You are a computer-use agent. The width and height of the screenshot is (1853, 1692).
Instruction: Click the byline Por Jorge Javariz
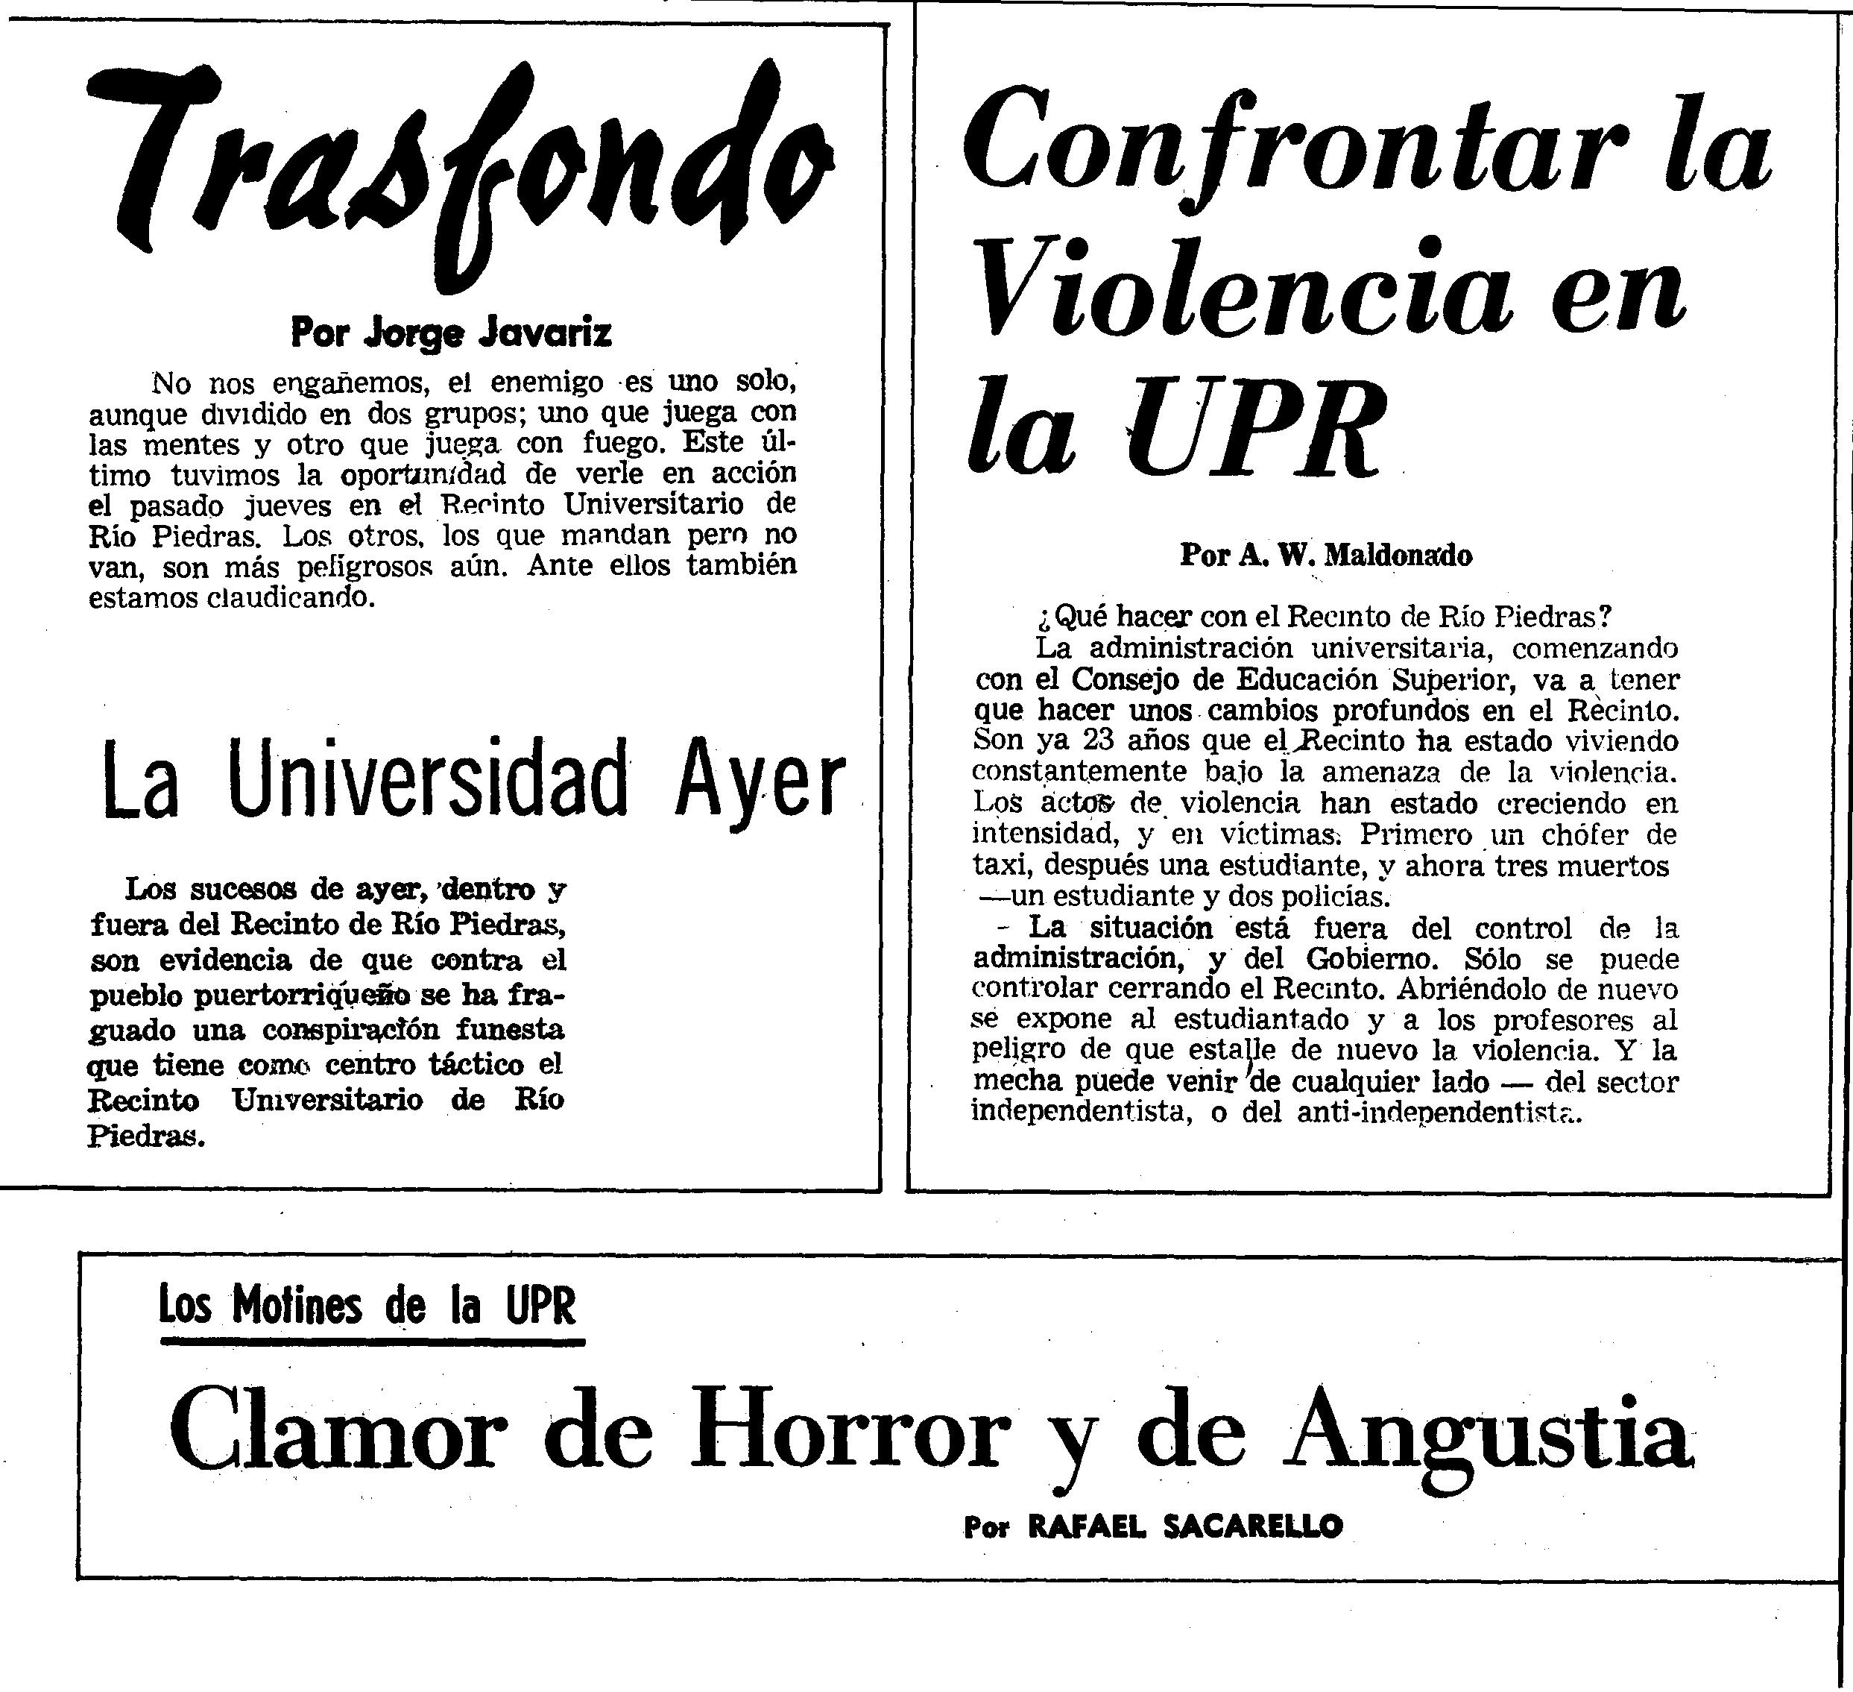pos(450,332)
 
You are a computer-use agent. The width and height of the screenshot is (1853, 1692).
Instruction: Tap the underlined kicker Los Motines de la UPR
pos(367,1305)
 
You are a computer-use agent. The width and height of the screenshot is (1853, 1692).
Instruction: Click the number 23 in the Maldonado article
pos(1099,740)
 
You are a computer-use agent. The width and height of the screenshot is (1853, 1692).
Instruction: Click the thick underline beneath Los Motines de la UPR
pos(372,1342)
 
